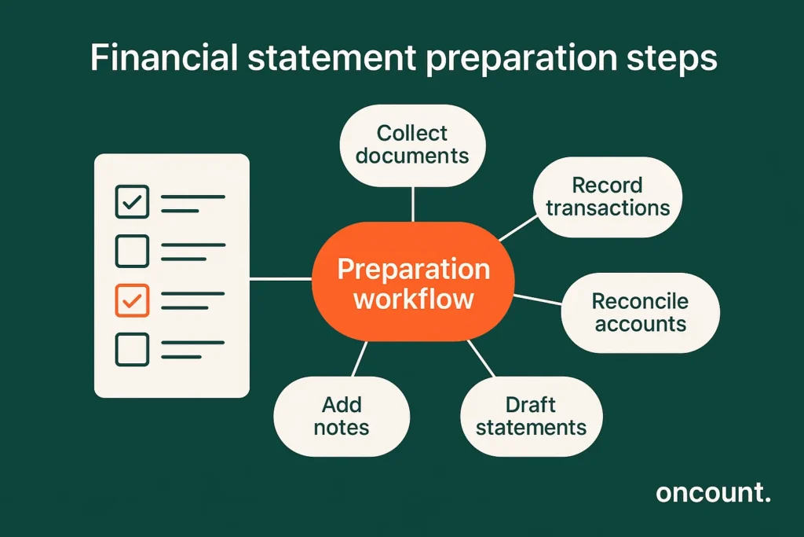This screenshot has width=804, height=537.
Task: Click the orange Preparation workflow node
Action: (x=413, y=284)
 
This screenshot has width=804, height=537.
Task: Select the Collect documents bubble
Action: (x=412, y=144)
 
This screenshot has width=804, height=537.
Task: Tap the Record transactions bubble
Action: (x=608, y=197)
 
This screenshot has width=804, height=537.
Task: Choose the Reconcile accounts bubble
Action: (x=640, y=312)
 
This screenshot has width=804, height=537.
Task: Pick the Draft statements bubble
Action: (x=531, y=417)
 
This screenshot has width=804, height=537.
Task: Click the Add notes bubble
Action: (x=342, y=417)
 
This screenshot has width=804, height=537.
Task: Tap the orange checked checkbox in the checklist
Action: (x=132, y=300)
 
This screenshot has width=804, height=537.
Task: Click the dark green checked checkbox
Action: (x=132, y=202)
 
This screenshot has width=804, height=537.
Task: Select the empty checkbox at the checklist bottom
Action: (x=132, y=349)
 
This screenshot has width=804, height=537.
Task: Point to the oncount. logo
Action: (x=713, y=493)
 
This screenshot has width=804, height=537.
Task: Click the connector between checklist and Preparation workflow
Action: (x=280, y=278)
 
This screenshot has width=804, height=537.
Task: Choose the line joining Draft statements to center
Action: (x=481, y=359)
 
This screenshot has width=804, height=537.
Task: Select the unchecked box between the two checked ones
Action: (x=132, y=251)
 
